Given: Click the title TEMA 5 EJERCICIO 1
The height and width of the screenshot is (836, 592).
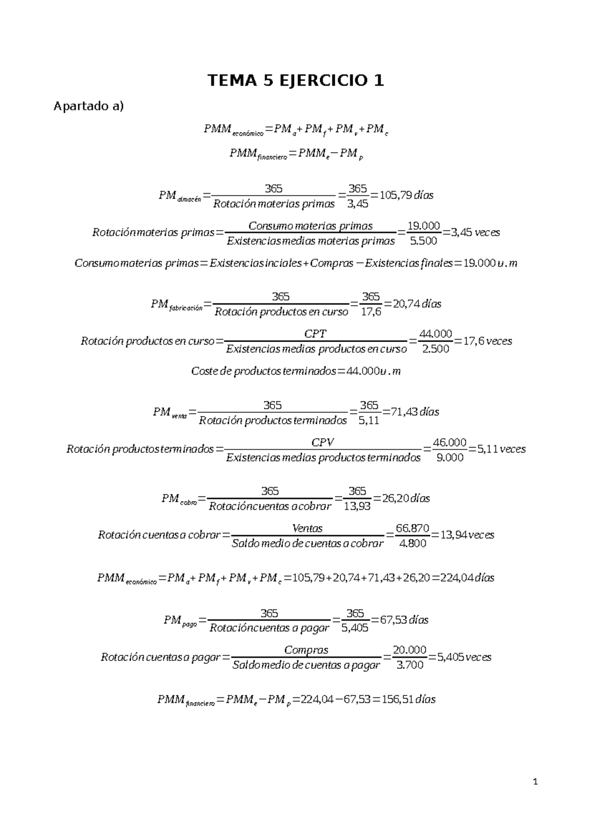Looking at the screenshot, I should click(x=296, y=80).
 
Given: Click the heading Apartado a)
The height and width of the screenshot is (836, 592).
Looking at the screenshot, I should click(x=89, y=106).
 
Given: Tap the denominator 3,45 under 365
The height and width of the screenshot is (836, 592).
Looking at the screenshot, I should click(x=358, y=204).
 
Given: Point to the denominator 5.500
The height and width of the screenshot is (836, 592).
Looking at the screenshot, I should click(x=424, y=241).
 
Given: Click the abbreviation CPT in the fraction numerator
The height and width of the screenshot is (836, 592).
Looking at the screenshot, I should click(x=316, y=334).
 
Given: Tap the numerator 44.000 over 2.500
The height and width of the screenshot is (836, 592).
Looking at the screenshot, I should click(x=436, y=334).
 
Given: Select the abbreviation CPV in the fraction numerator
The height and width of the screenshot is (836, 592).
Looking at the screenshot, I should click(x=323, y=442).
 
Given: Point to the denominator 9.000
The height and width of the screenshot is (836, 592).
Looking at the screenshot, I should click(x=450, y=457).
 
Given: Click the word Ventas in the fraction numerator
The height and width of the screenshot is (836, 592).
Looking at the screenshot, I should click(x=307, y=528).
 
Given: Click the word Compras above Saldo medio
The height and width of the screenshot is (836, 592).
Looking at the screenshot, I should click(x=306, y=650).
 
